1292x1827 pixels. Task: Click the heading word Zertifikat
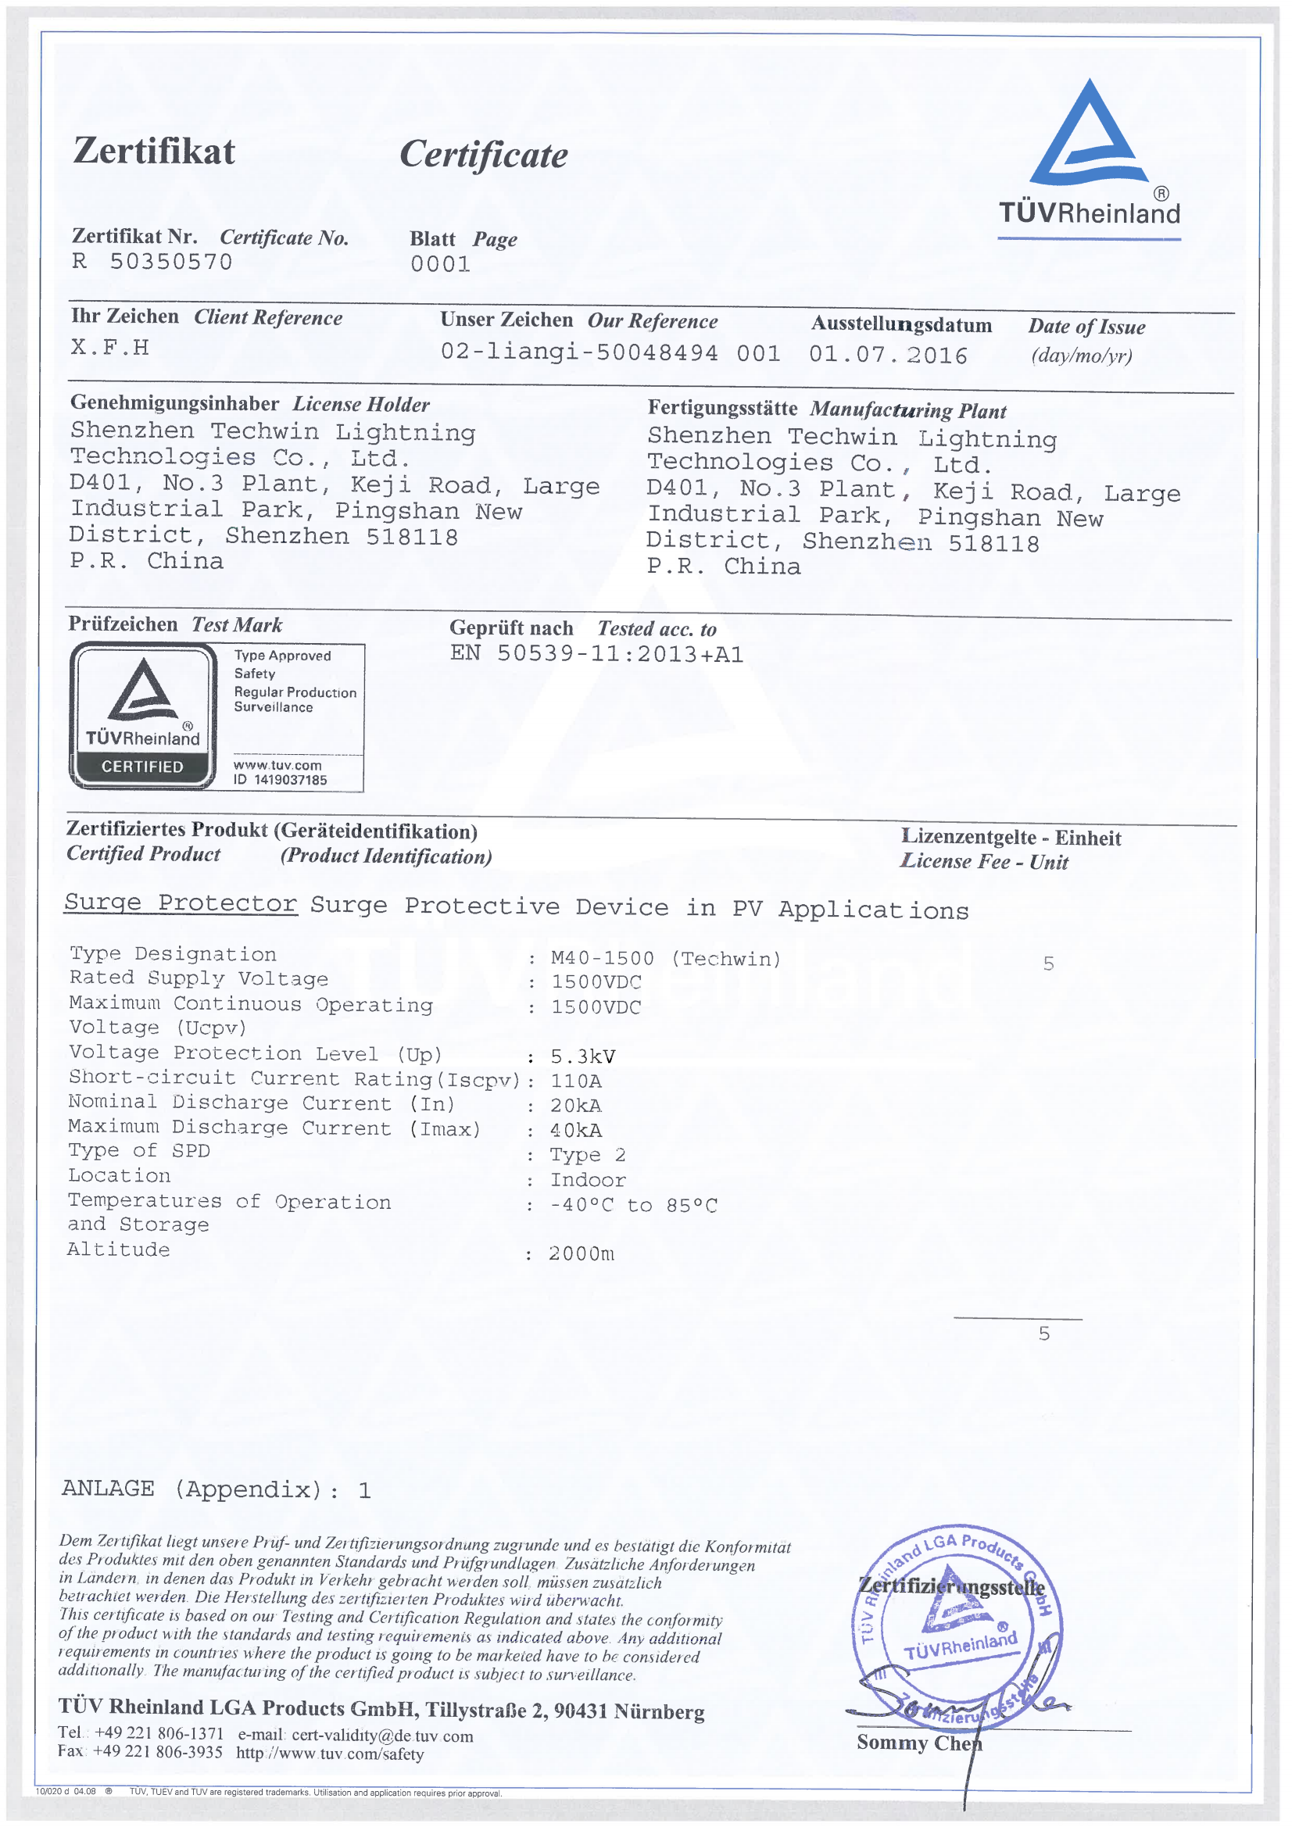[x=154, y=151]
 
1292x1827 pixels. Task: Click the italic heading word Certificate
[x=483, y=155]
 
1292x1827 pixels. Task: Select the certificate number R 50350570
[x=152, y=263]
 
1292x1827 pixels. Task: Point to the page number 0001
[x=440, y=264]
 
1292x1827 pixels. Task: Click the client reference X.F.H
[x=110, y=347]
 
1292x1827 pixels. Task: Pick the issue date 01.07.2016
[x=888, y=355]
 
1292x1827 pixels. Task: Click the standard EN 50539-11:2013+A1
[x=596, y=654]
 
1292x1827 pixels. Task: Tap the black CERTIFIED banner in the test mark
[x=141, y=767]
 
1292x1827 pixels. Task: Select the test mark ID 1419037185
[x=279, y=780]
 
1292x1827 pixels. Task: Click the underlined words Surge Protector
[x=181, y=903]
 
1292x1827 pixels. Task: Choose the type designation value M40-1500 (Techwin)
[x=665, y=959]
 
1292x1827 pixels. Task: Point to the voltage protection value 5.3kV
[x=583, y=1057]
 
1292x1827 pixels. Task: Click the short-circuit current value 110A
[x=575, y=1082]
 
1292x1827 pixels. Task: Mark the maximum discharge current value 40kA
[x=575, y=1131]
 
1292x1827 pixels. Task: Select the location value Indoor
[x=588, y=1180]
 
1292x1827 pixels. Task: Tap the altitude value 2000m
[x=581, y=1254]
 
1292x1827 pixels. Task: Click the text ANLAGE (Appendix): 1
[x=216, y=1489]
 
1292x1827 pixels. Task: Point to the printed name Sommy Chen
[x=918, y=1743]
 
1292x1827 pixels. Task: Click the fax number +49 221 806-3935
[x=158, y=1751]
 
